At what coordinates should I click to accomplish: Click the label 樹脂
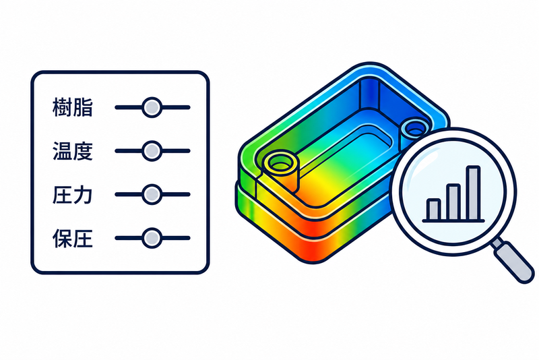[x=73, y=107]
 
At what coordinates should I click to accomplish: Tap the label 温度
[x=73, y=151]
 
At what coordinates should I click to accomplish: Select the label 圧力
[x=73, y=194]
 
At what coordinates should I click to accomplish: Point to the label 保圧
[x=73, y=238]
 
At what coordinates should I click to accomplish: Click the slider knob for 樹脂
[x=152, y=107]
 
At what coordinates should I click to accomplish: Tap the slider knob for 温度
[x=152, y=151]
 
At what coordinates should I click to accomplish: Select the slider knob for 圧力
[x=152, y=194]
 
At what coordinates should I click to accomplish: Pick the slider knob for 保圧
[x=152, y=238]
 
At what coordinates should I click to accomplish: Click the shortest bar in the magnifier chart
[x=433, y=210]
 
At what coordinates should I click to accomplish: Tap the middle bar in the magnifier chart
[x=453, y=202]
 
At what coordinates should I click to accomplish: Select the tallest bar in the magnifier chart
[x=474, y=193]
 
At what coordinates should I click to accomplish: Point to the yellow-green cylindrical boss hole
[x=281, y=162]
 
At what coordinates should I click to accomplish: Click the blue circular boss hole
[x=415, y=129]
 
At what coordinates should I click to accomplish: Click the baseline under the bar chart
[x=453, y=221]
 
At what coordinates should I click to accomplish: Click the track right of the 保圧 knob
[x=176, y=238]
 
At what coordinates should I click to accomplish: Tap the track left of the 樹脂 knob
[x=128, y=107]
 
